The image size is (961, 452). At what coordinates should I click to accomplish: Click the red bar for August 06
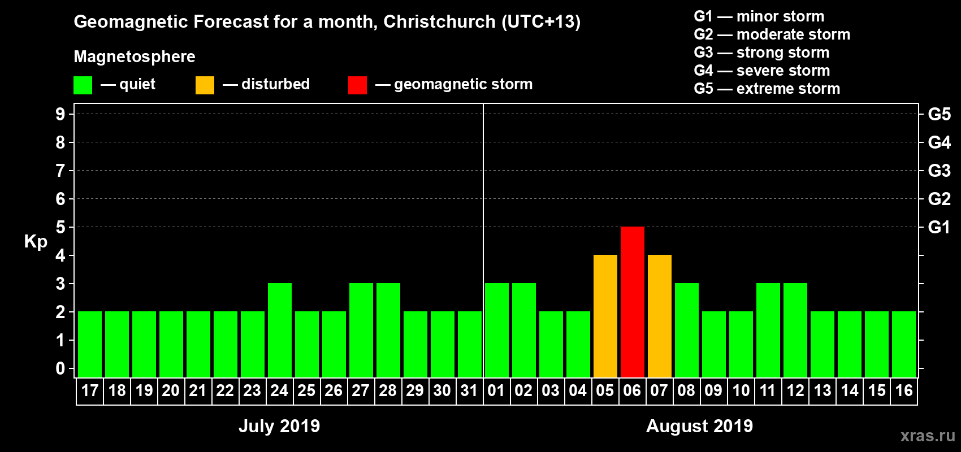coord(632,302)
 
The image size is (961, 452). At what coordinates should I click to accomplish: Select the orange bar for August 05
coord(605,316)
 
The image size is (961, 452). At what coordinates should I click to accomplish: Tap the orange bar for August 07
coord(659,316)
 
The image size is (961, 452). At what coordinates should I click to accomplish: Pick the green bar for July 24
coord(279,330)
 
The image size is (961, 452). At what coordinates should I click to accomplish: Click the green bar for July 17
coord(89,344)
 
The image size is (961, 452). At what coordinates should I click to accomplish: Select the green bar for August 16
coord(903,344)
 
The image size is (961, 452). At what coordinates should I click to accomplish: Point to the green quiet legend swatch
coord(83,85)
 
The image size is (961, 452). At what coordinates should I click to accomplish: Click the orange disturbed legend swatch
coord(205,85)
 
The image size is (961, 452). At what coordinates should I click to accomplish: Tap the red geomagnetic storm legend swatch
coord(357,85)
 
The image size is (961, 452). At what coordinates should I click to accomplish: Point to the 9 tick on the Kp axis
coord(60,114)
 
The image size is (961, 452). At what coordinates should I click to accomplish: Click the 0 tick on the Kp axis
coord(60,368)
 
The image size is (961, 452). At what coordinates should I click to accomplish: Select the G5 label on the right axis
coord(939,114)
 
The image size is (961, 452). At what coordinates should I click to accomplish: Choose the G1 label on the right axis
coord(939,227)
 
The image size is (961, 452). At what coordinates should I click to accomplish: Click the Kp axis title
coord(36,241)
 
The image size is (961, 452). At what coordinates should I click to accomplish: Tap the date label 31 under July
coord(469,390)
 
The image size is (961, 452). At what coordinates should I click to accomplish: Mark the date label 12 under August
coord(795,390)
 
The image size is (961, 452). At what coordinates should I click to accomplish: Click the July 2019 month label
coord(279,425)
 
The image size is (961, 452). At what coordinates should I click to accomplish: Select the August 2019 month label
coord(699,425)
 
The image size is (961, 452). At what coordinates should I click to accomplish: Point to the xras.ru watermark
coord(928,436)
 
